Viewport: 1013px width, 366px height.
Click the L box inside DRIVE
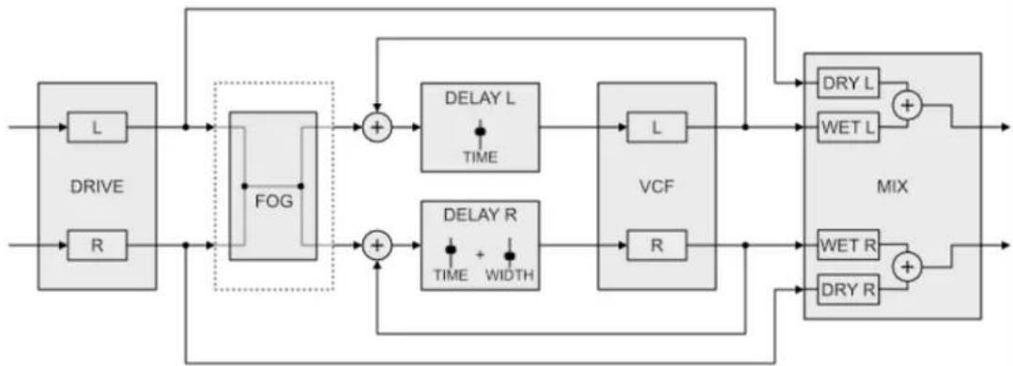(97, 128)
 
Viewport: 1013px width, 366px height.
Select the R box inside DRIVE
(97, 245)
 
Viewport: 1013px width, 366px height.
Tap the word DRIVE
(97, 187)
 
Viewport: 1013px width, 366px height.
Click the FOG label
(274, 201)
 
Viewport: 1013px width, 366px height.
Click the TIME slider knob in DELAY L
(480, 131)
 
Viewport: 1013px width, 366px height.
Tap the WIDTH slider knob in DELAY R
(510, 256)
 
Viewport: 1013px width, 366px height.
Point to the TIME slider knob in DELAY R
(451, 250)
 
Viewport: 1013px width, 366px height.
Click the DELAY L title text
(480, 99)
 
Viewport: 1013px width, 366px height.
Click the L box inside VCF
(657, 128)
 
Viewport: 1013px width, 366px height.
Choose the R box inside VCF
(657, 245)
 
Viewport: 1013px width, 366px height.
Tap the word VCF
(657, 187)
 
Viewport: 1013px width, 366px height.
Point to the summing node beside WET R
(909, 267)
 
